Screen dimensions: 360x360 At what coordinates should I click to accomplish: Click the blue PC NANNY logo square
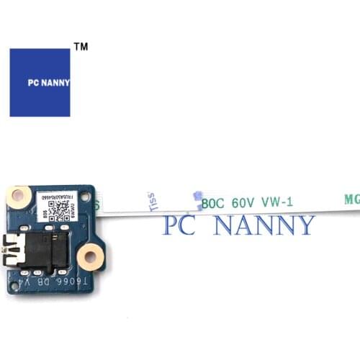[40, 83]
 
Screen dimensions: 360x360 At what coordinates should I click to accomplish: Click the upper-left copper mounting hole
[21, 194]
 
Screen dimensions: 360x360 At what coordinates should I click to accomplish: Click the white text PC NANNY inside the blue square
[40, 83]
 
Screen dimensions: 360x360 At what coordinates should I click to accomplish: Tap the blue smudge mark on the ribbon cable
[197, 196]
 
